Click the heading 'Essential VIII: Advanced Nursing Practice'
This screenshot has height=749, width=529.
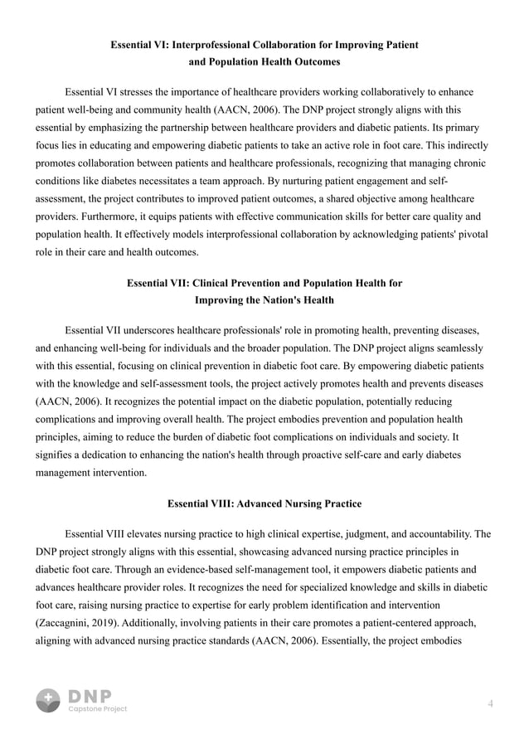264,503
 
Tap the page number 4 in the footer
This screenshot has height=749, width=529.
491,703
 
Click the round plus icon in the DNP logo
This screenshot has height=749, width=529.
48,700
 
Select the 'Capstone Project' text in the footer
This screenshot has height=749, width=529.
97,709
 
